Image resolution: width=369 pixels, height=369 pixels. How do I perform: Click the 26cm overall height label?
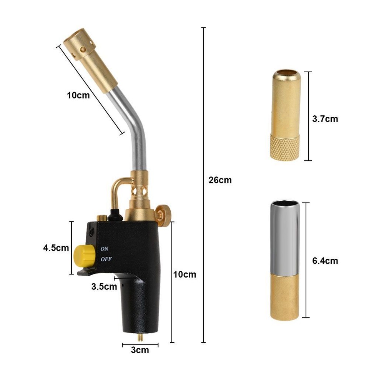click(x=220, y=180)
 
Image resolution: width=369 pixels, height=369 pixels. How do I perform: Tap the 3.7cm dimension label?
click(x=325, y=119)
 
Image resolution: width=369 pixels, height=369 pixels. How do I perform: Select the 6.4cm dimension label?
click(x=325, y=261)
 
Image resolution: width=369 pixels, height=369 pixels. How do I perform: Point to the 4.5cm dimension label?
click(x=56, y=248)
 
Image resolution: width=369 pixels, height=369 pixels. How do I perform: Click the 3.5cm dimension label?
click(x=104, y=286)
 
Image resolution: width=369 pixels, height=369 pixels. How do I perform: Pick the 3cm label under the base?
click(x=140, y=350)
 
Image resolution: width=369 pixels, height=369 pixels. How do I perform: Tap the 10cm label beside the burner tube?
click(x=78, y=95)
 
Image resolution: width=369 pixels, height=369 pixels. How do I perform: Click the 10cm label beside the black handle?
click(x=184, y=274)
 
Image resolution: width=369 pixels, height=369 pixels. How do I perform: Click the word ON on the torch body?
click(x=105, y=249)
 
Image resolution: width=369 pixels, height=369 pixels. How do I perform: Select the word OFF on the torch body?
click(x=106, y=259)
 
